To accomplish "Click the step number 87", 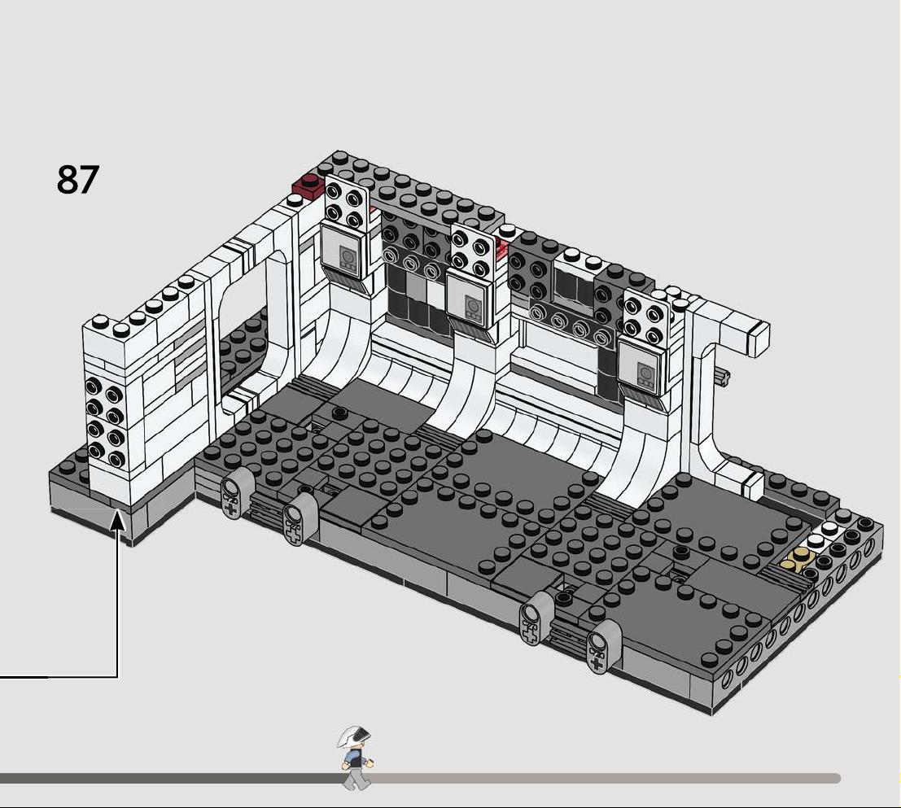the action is click(x=77, y=179).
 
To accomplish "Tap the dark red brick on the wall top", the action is click(x=309, y=186).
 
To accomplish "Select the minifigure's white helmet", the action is click(x=354, y=736).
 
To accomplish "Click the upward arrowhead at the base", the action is click(x=118, y=521).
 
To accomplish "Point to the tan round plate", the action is click(x=796, y=560).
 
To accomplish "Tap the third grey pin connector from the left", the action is click(x=536, y=618).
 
